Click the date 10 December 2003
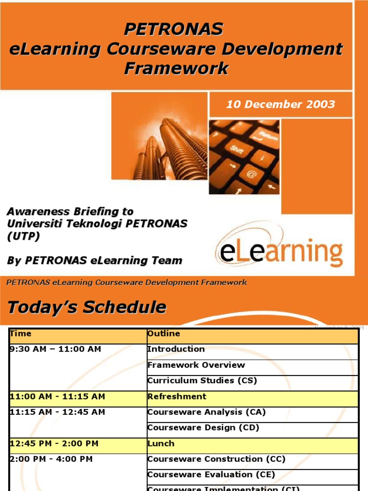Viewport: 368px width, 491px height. point(280,105)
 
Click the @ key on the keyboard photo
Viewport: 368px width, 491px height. point(251,174)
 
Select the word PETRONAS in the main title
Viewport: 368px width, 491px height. point(173,29)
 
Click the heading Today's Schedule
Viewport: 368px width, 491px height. point(87,307)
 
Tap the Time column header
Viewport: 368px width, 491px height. point(21,334)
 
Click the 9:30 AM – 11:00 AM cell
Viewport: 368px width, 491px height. point(55,349)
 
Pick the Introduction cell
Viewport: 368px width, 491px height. point(176,349)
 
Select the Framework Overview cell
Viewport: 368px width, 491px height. point(196,365)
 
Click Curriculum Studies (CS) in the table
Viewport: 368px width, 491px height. point(202,381)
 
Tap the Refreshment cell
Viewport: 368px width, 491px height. point(177,397)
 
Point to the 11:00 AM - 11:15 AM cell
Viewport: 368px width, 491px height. point(57,397)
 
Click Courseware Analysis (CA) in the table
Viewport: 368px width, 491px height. point(206,412)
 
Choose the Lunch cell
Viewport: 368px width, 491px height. point(161,444)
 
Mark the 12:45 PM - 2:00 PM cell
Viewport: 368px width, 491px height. point(54,444)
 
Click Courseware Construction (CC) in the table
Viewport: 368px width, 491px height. point(216,459)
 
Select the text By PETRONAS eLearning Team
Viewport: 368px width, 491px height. point(94,261)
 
